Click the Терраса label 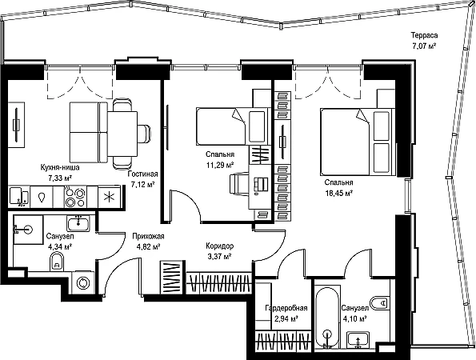(424, 35)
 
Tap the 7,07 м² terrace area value (424, 46)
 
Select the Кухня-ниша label (60, 167)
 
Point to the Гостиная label (142, 174)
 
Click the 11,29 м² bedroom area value (220, 165)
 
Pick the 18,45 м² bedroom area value (338, 193)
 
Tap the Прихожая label (148, 236)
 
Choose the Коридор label (220, 246)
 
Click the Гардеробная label (286, 308)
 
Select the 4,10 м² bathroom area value (354, 319)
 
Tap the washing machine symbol (83, 283)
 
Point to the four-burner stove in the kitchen (75, 197)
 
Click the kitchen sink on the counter (19, 197)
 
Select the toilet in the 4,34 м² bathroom (57, 262)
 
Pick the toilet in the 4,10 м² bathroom (379, 302)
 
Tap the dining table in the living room (122, 134)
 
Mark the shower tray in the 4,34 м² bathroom (28, 230)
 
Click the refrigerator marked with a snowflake (108, 197)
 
